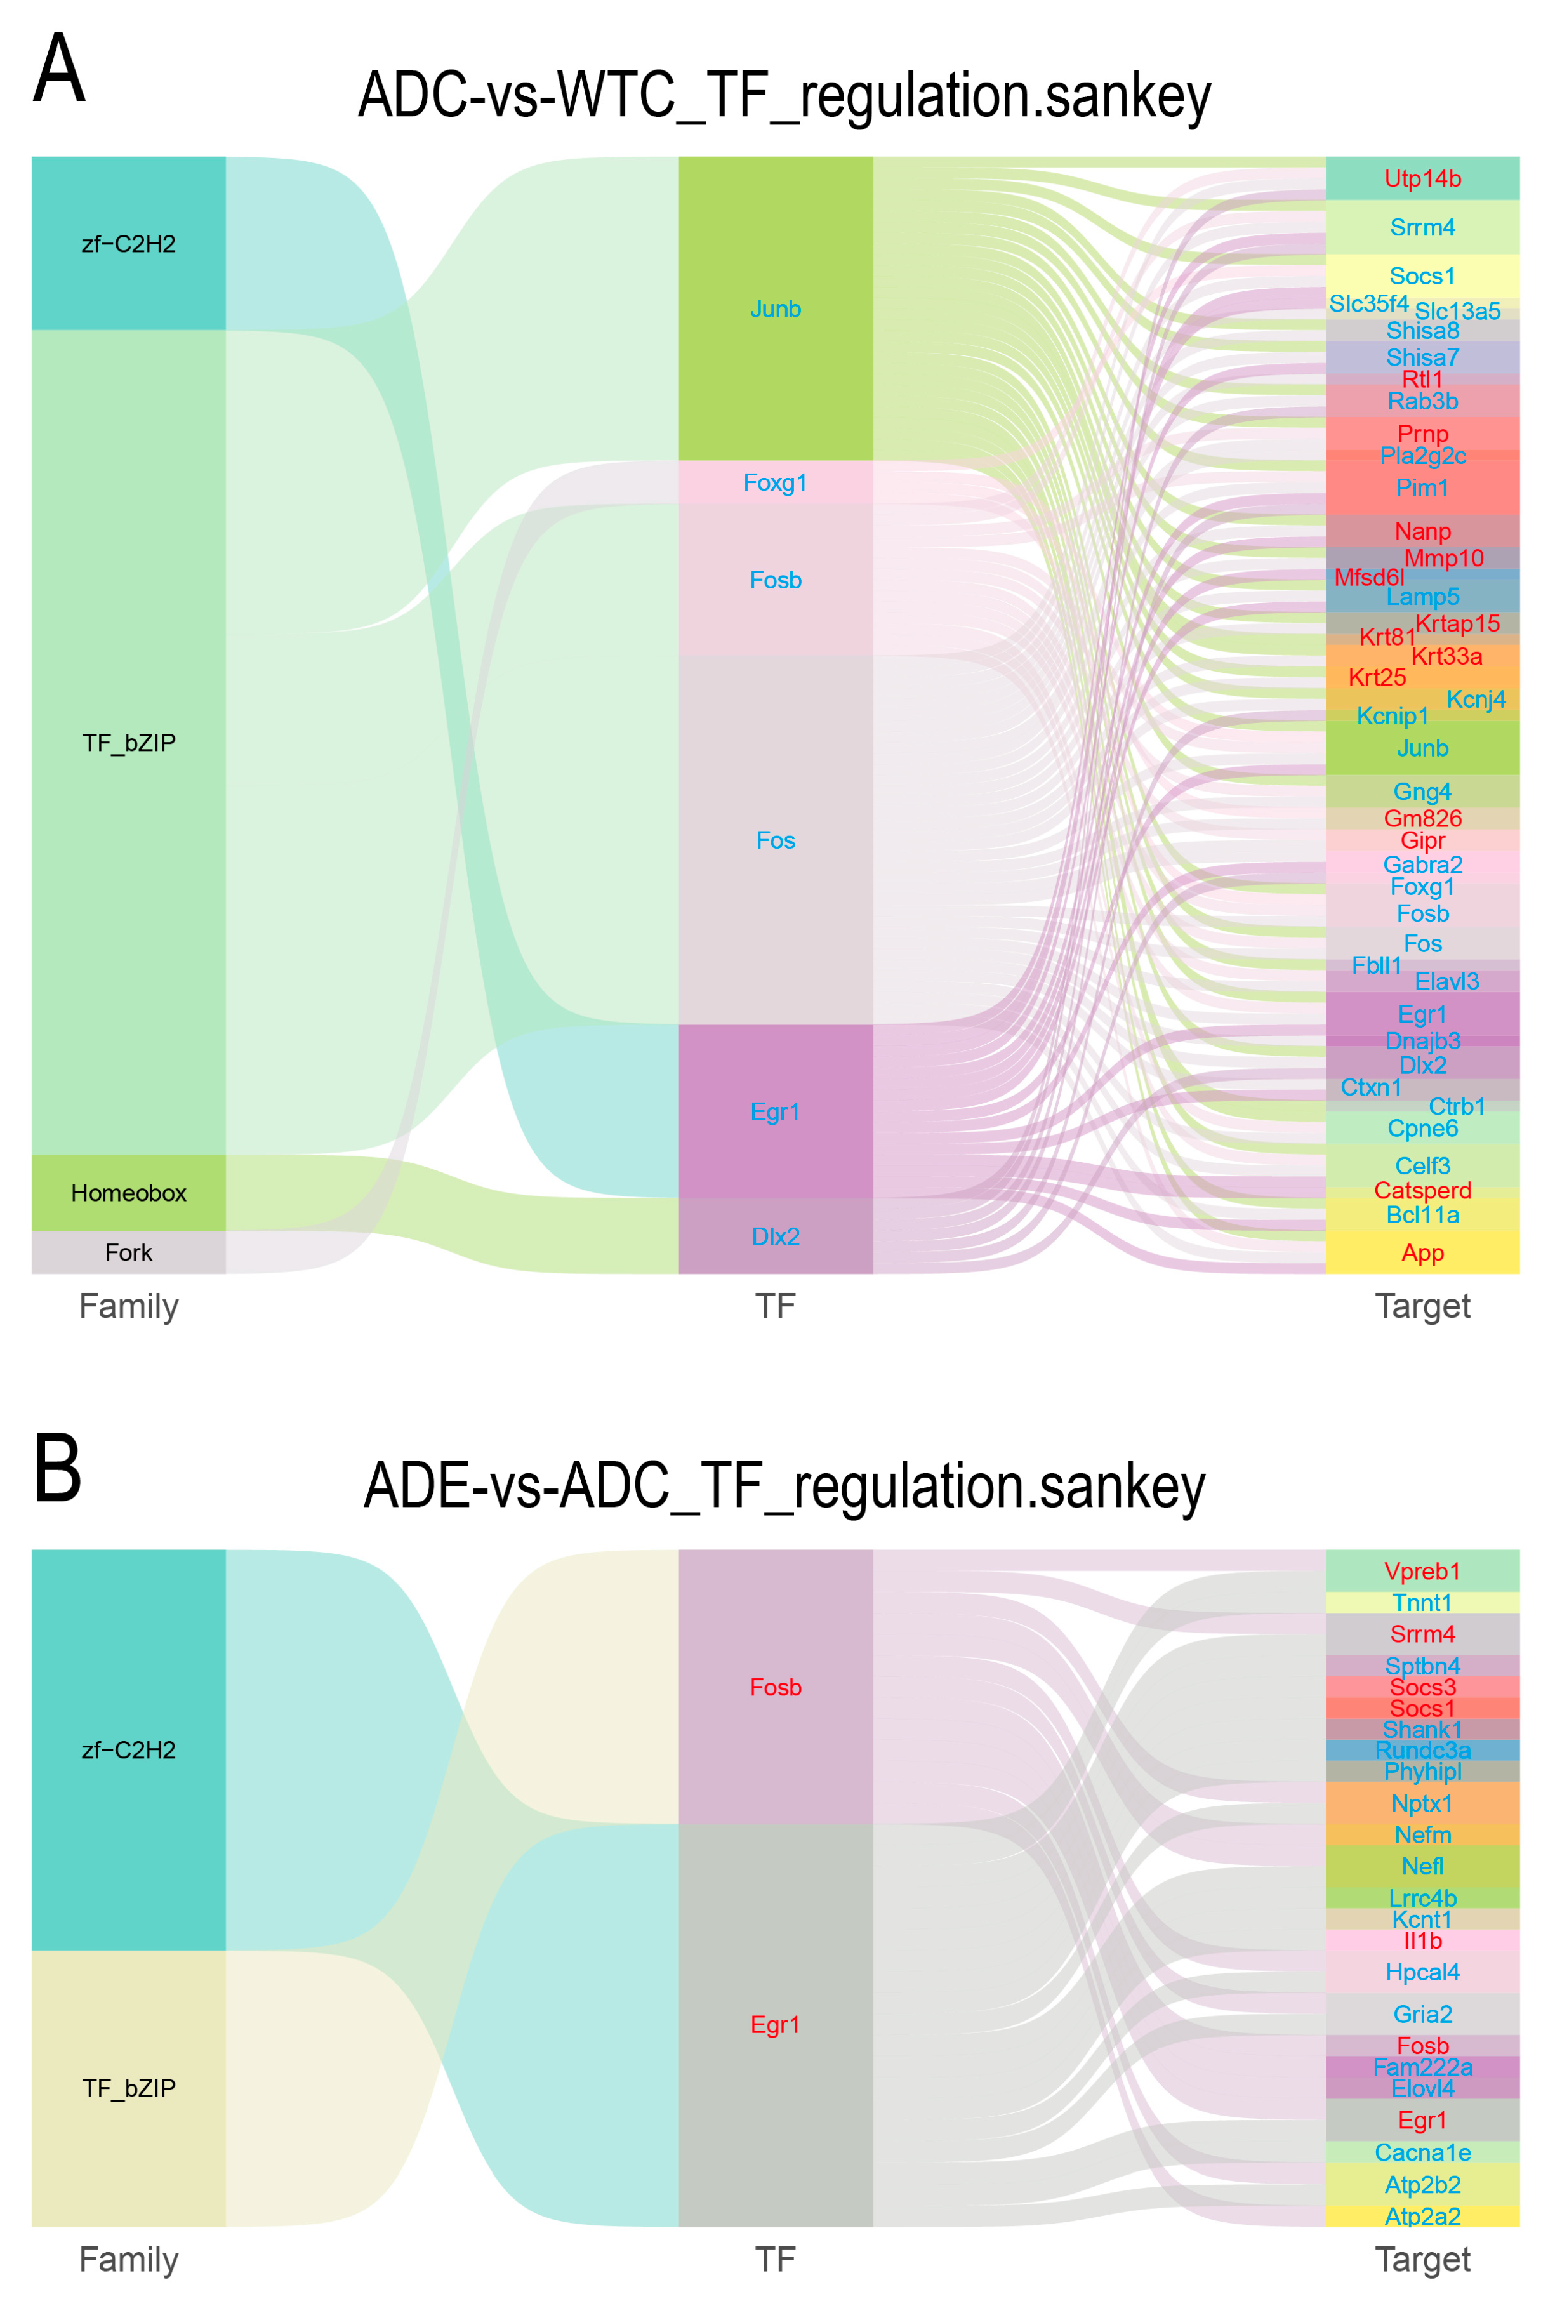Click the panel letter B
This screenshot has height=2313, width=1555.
coord(58,1469)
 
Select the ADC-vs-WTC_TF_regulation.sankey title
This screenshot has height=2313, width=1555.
coord(783,96)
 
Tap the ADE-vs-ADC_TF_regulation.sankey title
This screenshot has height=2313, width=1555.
coord(783,1487)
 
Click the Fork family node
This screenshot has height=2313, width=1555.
coord(129,1253)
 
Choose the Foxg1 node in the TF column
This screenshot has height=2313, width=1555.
coord(776,483)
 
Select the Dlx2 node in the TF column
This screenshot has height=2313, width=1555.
coord(776,1236)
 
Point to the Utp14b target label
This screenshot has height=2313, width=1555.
coord(1422,178)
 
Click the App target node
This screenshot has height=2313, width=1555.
coord(1422,1253)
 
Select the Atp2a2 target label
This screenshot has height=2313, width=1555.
coord(1422,2216)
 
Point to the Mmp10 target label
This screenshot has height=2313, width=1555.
coord(1443,559)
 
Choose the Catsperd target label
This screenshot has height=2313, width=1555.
coord(1422,1190)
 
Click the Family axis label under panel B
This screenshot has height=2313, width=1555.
coord(129,2260)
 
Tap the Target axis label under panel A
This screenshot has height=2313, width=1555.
coord(1422,1306)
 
